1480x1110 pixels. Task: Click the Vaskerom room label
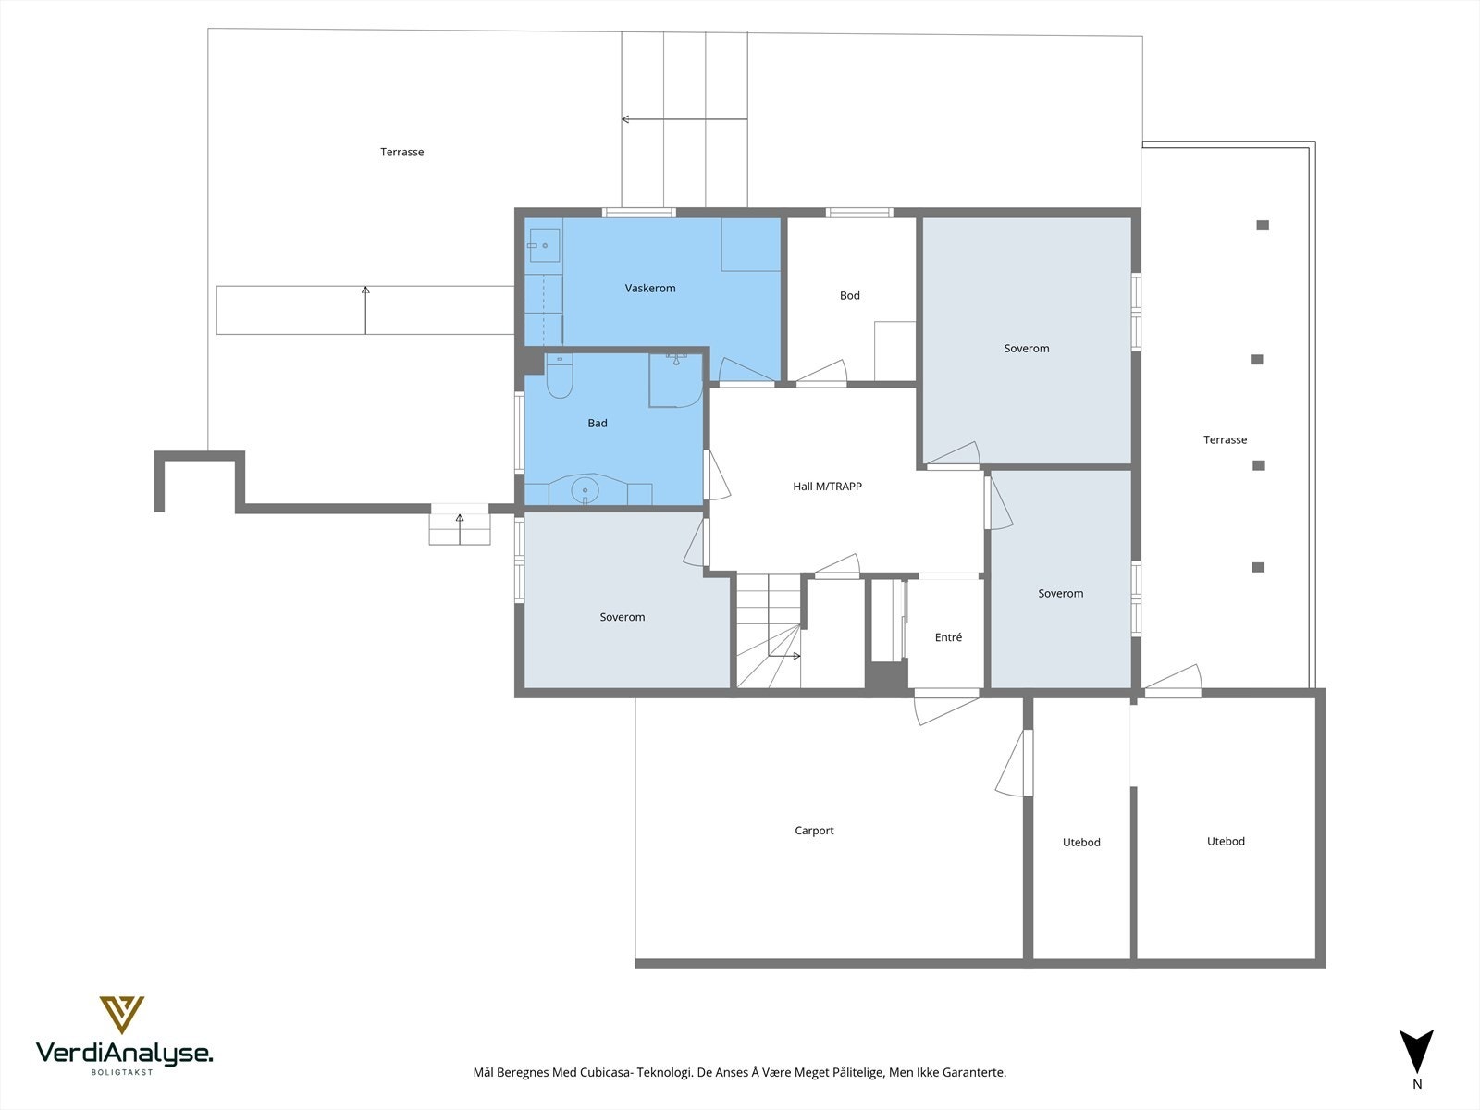(650, 289)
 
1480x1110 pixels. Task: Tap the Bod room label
(849, 296)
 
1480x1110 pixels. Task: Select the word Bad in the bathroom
(598, 424)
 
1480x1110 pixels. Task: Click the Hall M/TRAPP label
(827, 487)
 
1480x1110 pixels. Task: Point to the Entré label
(948, 637)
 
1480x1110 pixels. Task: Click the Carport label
(814, 831)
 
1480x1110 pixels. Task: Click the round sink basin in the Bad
(586, 490)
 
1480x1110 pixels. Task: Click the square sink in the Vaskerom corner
(544, 245)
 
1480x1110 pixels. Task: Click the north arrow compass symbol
(1416, 1051)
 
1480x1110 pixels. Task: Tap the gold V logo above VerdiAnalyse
(122, 1014)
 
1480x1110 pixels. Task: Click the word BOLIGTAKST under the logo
(123, 1073)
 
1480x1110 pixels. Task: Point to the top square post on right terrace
(1263, 225)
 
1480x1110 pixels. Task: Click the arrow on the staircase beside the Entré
(784, 656)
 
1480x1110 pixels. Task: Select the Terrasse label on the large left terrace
(401, 153)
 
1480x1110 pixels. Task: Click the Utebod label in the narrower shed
(1081, 843)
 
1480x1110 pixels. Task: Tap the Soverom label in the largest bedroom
(1026, 349)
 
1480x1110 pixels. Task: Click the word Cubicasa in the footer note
(607, 1073)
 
